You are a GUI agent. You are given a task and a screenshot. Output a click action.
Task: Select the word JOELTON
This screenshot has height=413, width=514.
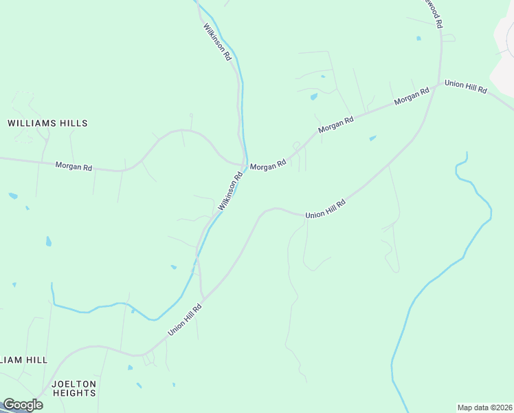point(74,383)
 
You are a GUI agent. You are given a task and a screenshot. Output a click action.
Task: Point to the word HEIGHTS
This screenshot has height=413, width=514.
point(74,393)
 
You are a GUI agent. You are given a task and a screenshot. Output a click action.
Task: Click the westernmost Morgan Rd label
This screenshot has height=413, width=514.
point(74,167)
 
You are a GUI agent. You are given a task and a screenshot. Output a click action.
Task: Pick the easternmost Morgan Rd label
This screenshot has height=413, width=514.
point(412,96)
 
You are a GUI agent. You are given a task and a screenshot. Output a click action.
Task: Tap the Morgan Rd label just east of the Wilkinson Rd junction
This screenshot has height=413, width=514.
point(268,166)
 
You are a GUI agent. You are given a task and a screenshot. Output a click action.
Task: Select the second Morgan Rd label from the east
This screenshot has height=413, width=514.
point(336,125)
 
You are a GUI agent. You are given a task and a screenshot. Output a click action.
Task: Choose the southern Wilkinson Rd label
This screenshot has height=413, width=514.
point(231,191)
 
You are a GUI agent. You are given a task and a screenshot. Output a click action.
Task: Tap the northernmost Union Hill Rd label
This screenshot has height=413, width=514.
point(465,86)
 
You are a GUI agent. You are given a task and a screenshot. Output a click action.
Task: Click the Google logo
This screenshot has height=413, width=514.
point(23,405)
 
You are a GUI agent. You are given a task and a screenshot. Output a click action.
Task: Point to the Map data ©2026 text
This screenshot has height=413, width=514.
point(484,407)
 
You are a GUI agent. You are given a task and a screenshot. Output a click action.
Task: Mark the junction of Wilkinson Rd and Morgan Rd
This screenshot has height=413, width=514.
point(245,165)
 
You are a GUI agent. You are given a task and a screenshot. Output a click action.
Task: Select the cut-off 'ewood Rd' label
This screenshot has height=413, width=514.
point(433,14)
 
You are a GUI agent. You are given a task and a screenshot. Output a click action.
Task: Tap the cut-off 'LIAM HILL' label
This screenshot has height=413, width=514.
point(23,360)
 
